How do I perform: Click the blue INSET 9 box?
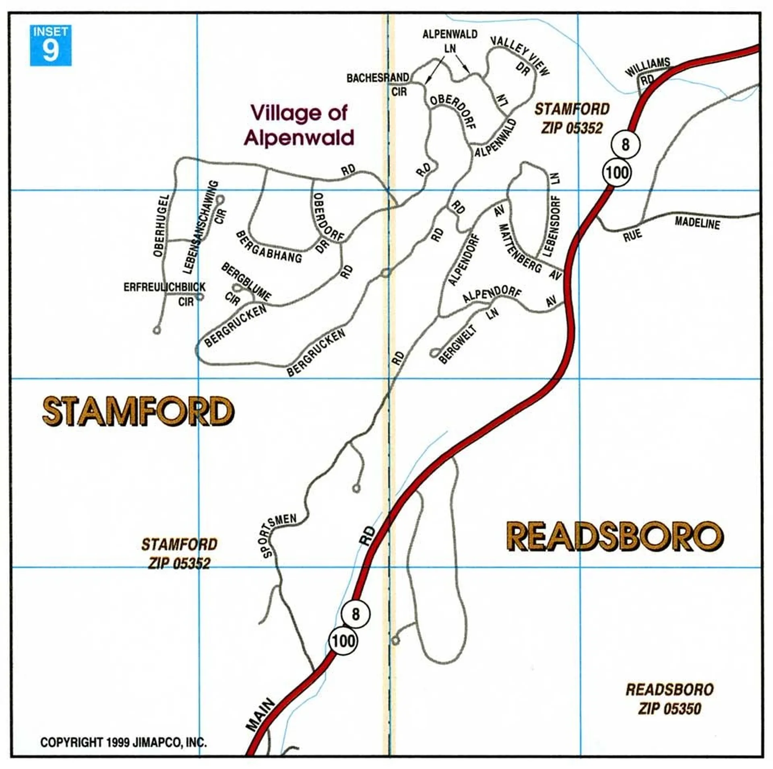pyautogui.click(x=51, y=45)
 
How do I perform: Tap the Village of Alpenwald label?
pyautogui.click(x=299, y=125)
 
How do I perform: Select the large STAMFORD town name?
pyautogui.click(x=138, y=411)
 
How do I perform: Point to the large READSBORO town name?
pyautogui.click(x=614, y=537)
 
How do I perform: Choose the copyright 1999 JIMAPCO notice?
pyautogui.click(x=124, y=742)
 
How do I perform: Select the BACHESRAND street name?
pyautogui.click(x=378, y=78)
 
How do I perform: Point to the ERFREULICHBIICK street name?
pyautogui.click(x=164, y=287)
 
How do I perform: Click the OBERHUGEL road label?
pyautogui.click(x=160, y=226)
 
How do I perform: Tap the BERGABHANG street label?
pyautogui.click(x=269, y=247)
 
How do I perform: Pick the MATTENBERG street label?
pyautogui.click(x=519, y=249)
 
